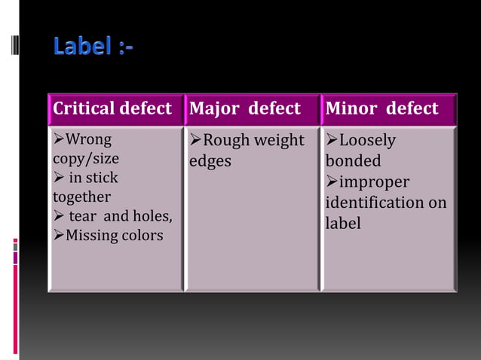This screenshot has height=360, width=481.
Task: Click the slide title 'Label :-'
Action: coord(93,47)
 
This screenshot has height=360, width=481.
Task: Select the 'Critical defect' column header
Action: coord(112,109)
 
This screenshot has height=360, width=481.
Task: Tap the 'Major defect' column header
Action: coord(244,109)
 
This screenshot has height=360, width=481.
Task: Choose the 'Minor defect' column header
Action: coord(381,109)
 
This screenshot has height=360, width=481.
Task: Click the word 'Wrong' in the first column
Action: coord(88,140)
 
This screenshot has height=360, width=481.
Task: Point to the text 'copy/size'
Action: coord(85,159)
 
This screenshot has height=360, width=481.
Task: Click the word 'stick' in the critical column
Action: coord(103,178)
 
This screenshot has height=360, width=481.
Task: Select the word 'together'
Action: coord(81,197)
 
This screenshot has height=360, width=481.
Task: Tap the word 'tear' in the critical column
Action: coord(84,217)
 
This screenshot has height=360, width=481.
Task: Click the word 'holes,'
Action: coord(153,217)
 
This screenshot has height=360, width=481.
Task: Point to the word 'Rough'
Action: coord(225,140)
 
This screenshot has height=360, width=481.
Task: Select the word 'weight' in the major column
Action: coord(278,141)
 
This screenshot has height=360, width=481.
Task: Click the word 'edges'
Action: coord(210,161)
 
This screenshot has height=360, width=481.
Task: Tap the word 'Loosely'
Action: coord(367,141)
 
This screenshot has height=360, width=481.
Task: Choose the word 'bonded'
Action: coord(353,161)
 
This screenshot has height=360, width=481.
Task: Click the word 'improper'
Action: coord(374,182)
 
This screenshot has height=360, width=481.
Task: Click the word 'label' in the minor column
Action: coord(343,224)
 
